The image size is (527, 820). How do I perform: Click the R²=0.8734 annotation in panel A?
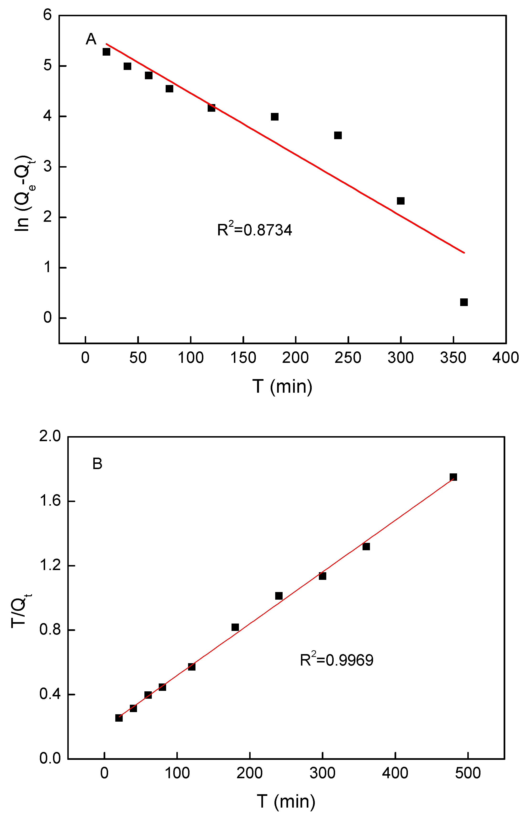255,230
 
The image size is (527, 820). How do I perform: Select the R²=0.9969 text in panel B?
336,660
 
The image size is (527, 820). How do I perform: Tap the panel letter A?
91,39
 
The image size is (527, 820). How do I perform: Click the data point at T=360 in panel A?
464,302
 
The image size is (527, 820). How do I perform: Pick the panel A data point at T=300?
401,201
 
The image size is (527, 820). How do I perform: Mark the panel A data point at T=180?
274,117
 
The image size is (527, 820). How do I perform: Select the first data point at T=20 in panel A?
106,52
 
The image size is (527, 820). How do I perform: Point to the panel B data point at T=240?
279,596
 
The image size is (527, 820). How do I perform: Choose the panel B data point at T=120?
192,667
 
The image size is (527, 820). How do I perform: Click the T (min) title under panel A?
282,386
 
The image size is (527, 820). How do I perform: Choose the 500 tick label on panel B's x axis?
468,773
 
